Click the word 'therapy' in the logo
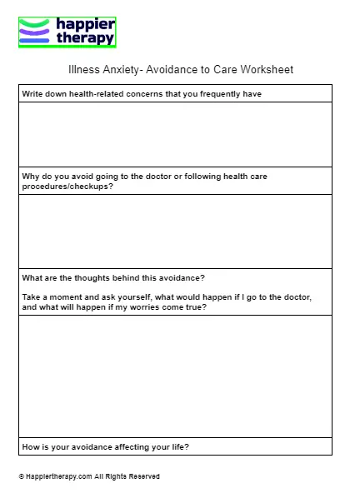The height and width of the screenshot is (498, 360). point(84,37)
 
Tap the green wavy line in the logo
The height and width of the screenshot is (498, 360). point(36,23)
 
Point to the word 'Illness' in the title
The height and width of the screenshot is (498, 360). point(82,70)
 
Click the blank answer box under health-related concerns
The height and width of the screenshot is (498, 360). point(175,134)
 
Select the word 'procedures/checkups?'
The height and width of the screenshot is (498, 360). point(67,186)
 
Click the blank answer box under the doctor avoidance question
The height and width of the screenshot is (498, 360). point(175,232)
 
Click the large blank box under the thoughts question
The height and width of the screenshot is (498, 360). point(175,376)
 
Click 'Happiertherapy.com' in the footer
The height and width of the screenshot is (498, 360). point(58,477)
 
